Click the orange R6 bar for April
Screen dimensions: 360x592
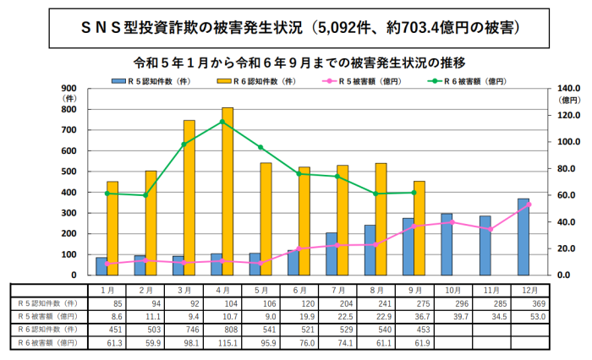coord(227,191)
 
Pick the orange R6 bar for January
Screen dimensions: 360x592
coord(112,228)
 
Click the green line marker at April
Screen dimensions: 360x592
coord(222,122)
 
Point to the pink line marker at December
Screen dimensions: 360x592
coord(529,205)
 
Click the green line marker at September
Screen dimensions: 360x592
coord(414,193)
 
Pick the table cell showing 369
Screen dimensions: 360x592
coord(529,302)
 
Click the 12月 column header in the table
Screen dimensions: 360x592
coord(529,288)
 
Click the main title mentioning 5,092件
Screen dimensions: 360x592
coord(296,27)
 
